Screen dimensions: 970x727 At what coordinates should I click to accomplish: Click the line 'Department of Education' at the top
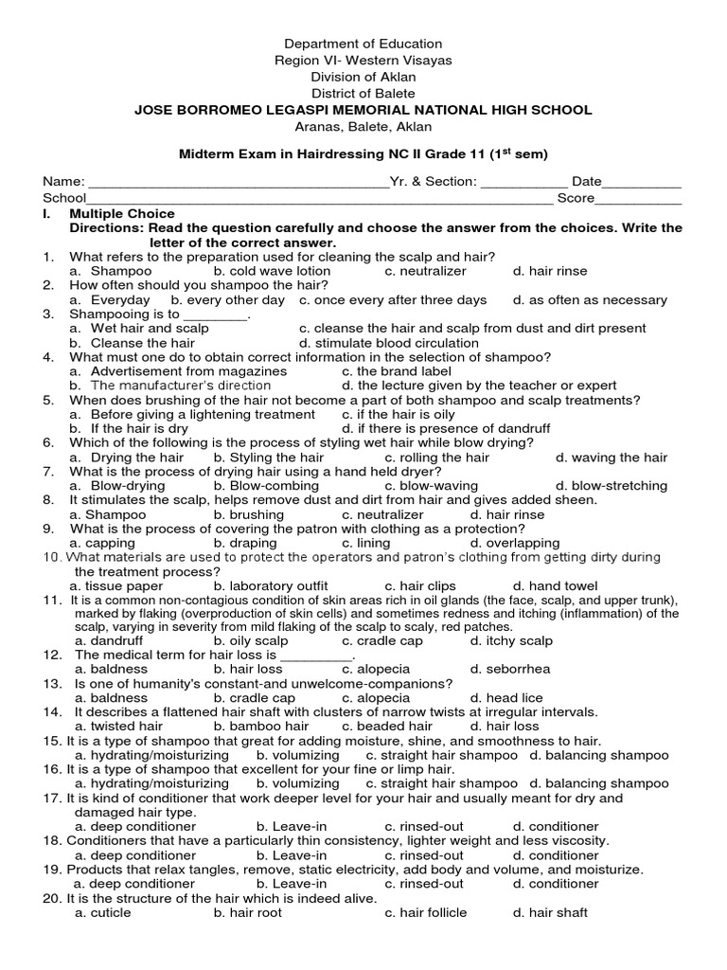pyautogui.click(x=363, y=44)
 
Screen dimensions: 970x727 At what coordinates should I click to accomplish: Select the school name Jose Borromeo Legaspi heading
pyautogui.click(x=363, y=110)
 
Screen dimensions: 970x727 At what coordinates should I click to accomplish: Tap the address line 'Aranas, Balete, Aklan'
pyautogui.click(x=363, y=127)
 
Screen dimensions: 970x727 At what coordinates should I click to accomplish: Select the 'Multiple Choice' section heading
pyautogui.click(x=122, y=214)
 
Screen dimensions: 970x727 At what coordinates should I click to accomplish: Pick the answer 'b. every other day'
pyautogui.click(x=227, y=300)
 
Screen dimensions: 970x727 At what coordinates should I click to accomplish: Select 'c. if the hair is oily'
pyautogui.click(x=398, y=415)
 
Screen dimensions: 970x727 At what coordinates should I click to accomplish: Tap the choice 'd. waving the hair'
pyautogui.click(x=612, y=458)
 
